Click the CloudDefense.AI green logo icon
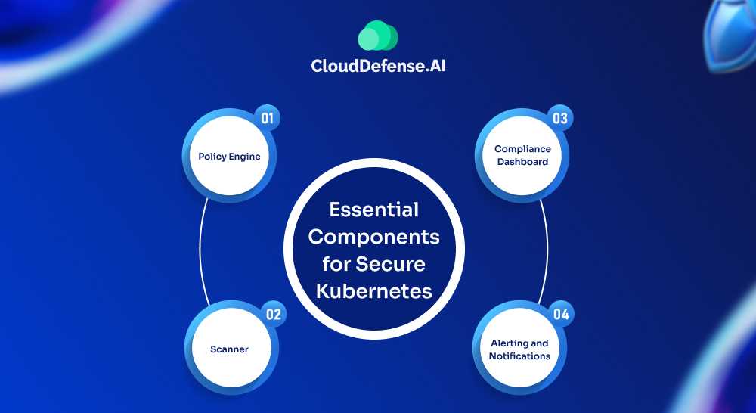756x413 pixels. pyautogui.click(x=378, y=36)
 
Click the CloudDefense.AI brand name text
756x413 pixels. pyautogui.click(x=383, y=66)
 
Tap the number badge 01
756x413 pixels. pyautogui.click(x=267, y=119)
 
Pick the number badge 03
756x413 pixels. pyautogui.click(x=559, y=119)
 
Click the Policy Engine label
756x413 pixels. pyautogui.click(x=229, y=157)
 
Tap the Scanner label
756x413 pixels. pyautogui.click(x=229, y=349)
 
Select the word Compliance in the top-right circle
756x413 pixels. pyautogui.click(x=522, y=149)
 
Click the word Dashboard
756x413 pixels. pyautogui.click(x=522, y=162)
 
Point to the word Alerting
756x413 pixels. pyautogui.click(x=519, y=343)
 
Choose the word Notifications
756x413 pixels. pyautogui.click(x=519, y=356)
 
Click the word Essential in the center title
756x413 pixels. pyautogui.click(x=373, y=210)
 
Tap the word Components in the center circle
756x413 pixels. pyautogui.click(x=373, y=237)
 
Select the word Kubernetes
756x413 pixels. pyautogui.click(x=373, y=290)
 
